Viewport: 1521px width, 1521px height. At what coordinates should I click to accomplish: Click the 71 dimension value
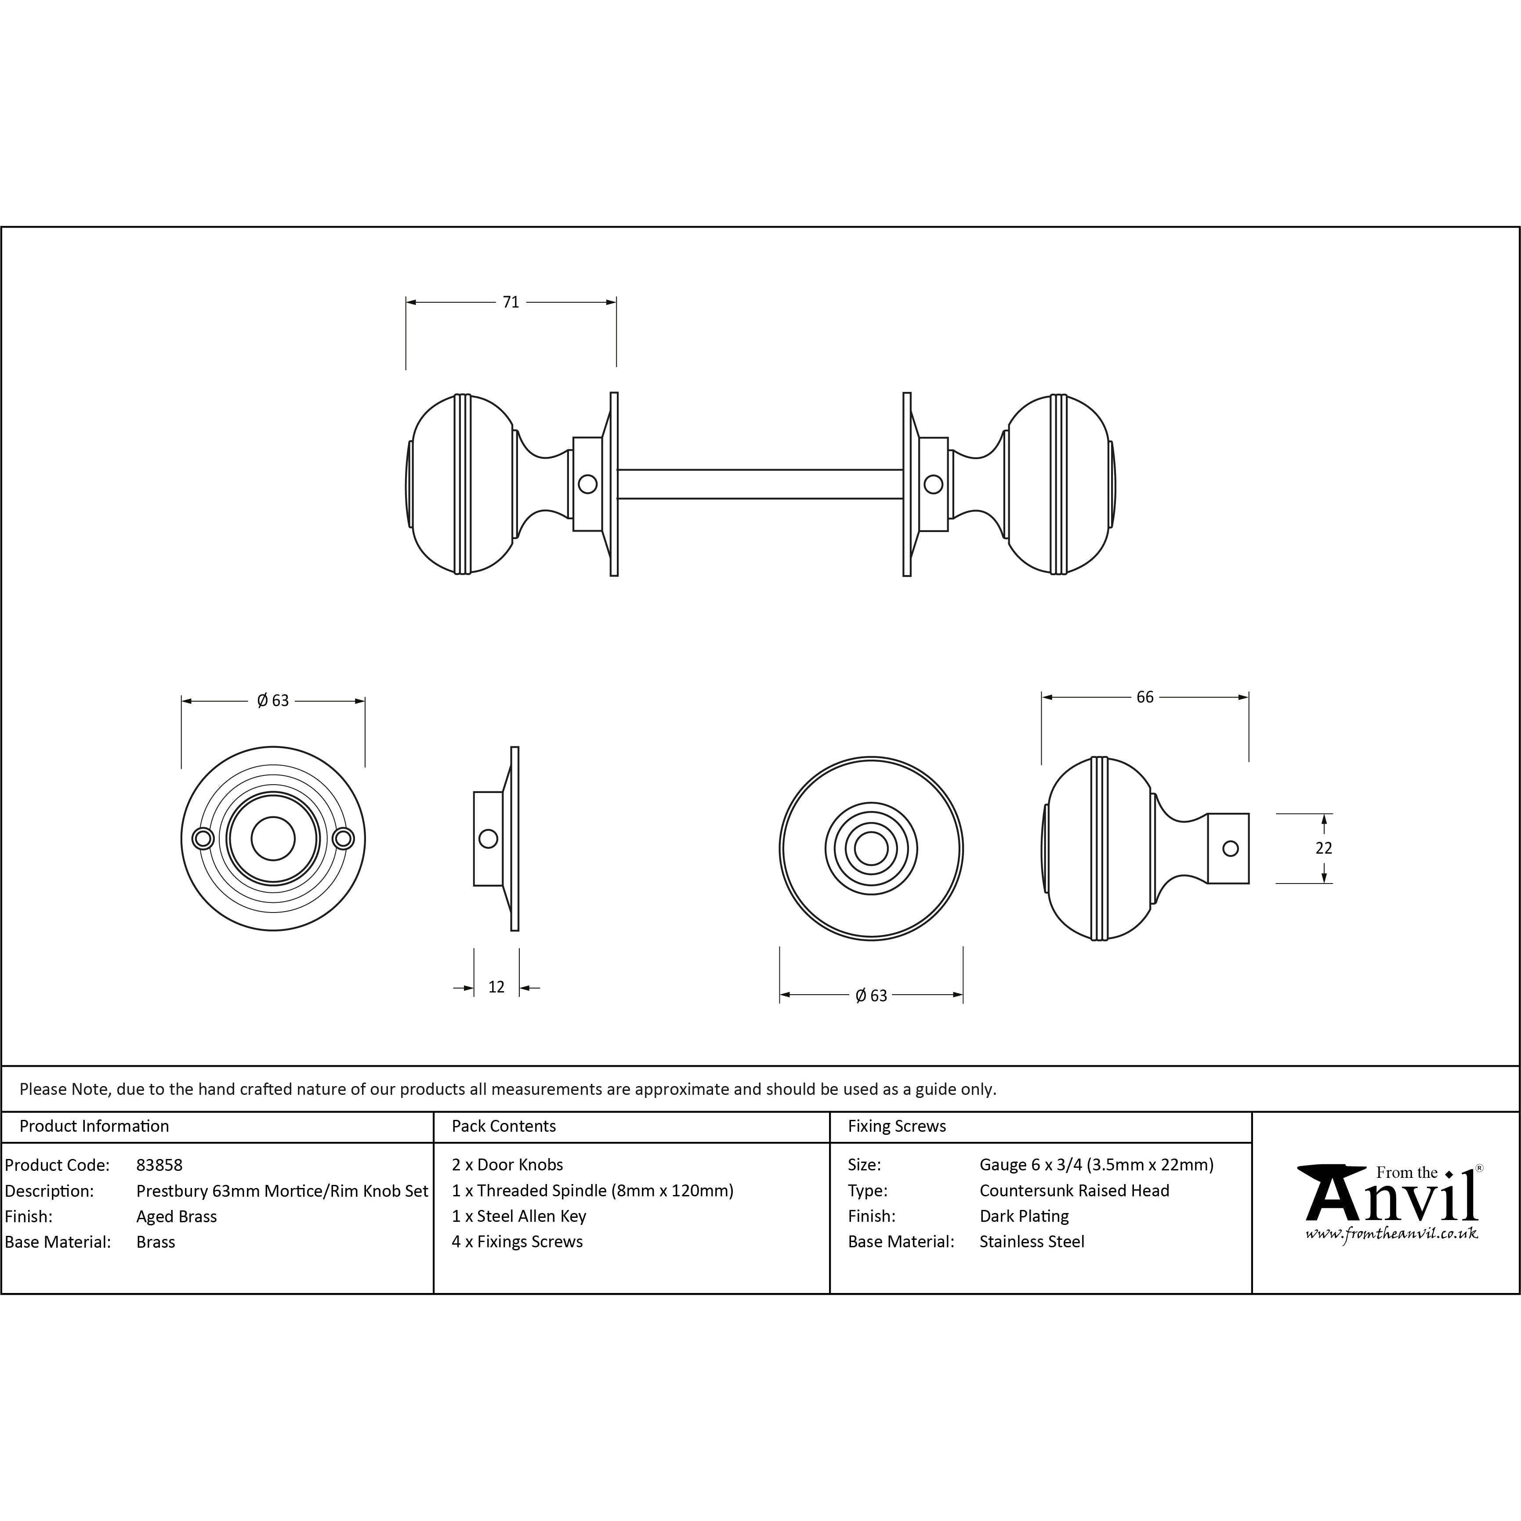point(511,302)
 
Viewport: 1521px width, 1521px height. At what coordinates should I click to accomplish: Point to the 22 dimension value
point(1323,848)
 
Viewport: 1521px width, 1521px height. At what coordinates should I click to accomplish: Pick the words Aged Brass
point(176,1217)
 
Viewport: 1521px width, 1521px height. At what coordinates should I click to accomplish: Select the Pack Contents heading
point(504,1126)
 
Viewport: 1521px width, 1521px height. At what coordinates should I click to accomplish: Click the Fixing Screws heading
point(897,1126)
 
